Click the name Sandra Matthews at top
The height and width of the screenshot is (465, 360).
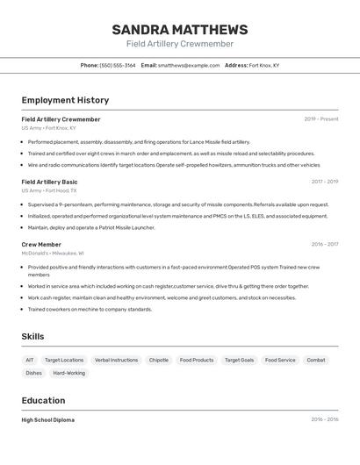(x=180, y=30)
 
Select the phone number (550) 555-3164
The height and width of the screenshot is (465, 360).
(x=118, y=65)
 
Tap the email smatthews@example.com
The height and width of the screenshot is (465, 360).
(x=189, y=65)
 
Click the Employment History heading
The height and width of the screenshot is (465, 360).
(x=65, y=100)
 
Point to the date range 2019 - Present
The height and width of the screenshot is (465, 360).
(x=320, y=118)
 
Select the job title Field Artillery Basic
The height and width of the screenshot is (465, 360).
(x=49, y=182)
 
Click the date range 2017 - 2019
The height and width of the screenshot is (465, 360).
(x=324, y=182)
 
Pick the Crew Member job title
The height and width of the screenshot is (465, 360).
(x=41, y=244)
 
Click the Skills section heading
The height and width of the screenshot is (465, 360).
(x=32, y=336)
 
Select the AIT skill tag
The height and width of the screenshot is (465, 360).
(x=30, y=360)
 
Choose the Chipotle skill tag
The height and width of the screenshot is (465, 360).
(x=159, y=360)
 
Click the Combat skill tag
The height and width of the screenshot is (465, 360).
(x=316, y=360)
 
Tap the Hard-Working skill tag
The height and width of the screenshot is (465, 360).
(x=69, y=373)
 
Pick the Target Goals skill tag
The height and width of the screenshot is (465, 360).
(x=239, y=360)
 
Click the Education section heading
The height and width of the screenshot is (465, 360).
(x=43, y=400)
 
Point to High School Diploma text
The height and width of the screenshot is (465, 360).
(x=47, y=419)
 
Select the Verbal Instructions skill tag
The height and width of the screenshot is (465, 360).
(x=116, y=360)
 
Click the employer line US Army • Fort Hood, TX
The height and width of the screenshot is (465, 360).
(x=49, y=190)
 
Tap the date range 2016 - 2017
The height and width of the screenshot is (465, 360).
(x=324, y=244)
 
